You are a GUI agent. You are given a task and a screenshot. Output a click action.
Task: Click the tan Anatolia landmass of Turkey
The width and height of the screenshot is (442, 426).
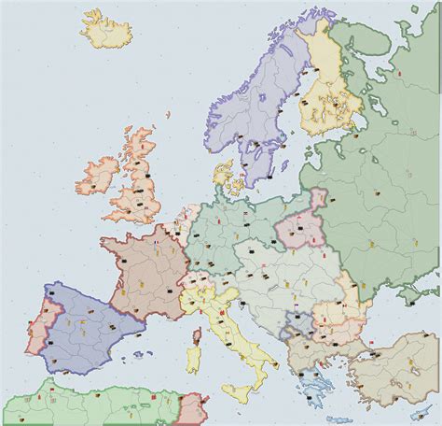point(382,360)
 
